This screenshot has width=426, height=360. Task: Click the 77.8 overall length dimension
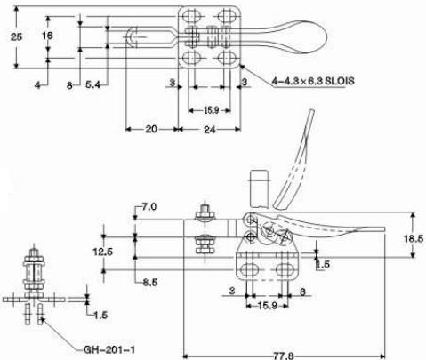tap(284, 356)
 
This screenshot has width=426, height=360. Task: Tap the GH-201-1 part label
tap(109, 350)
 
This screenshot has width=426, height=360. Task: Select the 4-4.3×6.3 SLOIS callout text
tap(313, 81)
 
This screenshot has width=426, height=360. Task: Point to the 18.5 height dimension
tap(414, 238)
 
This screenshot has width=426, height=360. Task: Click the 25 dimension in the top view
tap(17, 37)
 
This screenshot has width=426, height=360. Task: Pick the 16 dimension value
tap(47, 36)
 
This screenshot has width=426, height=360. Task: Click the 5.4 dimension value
tap(93, 85)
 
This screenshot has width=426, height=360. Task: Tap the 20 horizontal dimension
tap(151, 129)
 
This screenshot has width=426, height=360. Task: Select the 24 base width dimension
tap(210, 130)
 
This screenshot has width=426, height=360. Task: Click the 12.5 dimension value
tap(103, 252)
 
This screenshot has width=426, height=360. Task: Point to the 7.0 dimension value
tap(149, 206)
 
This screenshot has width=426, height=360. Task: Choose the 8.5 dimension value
tap(150, 283)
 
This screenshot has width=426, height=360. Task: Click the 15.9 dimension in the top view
tap(211, 110)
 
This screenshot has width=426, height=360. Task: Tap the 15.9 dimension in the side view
tap(268, 305)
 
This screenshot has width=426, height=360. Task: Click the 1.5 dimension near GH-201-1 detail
tap(100, 315)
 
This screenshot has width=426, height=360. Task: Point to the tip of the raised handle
tap(311, 110)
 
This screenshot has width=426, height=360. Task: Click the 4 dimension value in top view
tap(37, 85)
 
